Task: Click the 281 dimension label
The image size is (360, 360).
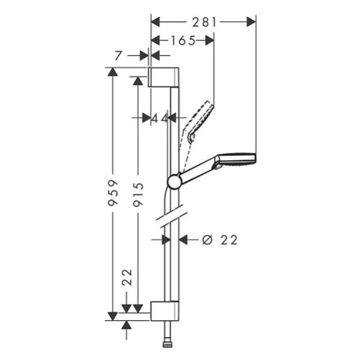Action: (205, 22)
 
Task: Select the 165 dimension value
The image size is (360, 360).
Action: (183, 41)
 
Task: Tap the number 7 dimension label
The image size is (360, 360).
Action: (118, 56)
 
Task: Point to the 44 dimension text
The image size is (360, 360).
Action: (160, 118)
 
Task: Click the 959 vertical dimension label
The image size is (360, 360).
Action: (113, 192)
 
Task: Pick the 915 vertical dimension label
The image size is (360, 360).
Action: (139, 195)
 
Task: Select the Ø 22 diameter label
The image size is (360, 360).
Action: (220, 240)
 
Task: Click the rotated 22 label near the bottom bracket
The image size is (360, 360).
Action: (127, 277)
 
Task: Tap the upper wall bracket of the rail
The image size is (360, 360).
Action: (163, 77)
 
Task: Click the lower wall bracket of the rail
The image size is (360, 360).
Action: (165, 311)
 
